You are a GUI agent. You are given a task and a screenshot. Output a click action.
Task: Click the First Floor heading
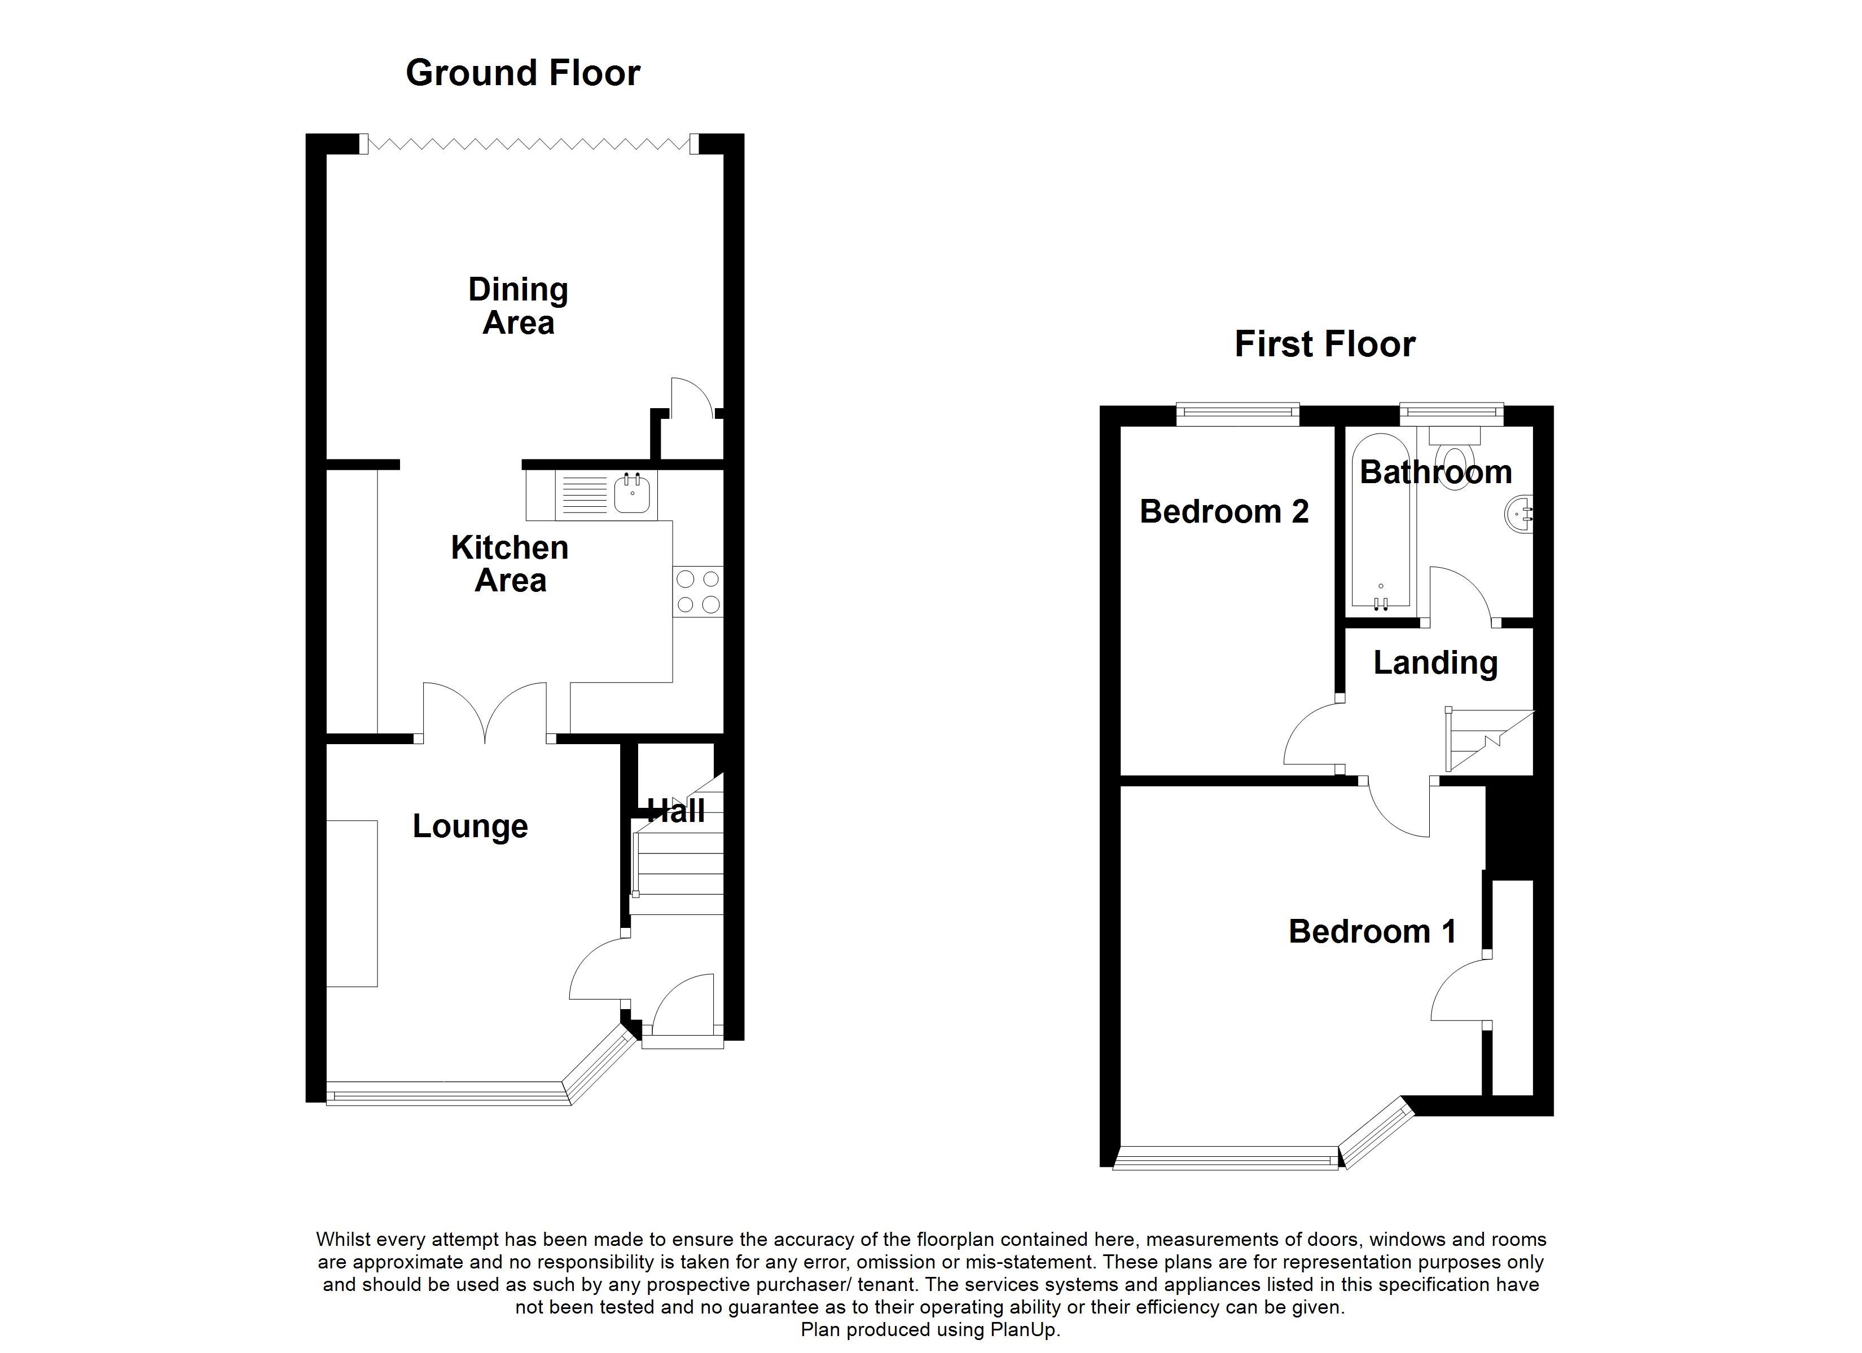coord(1324,344)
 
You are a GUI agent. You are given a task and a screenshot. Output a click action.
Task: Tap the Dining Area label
coord(517,306)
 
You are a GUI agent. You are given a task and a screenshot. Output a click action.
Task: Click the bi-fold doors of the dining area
coord(529,144)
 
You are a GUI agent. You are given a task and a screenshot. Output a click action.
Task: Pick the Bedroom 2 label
coord(1223,511)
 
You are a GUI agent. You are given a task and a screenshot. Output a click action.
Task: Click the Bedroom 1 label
coord(1372,931)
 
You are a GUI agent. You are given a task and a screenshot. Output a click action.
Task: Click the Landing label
coord(1435,663)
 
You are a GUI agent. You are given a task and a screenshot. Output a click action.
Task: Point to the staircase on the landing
coord(1488,741)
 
